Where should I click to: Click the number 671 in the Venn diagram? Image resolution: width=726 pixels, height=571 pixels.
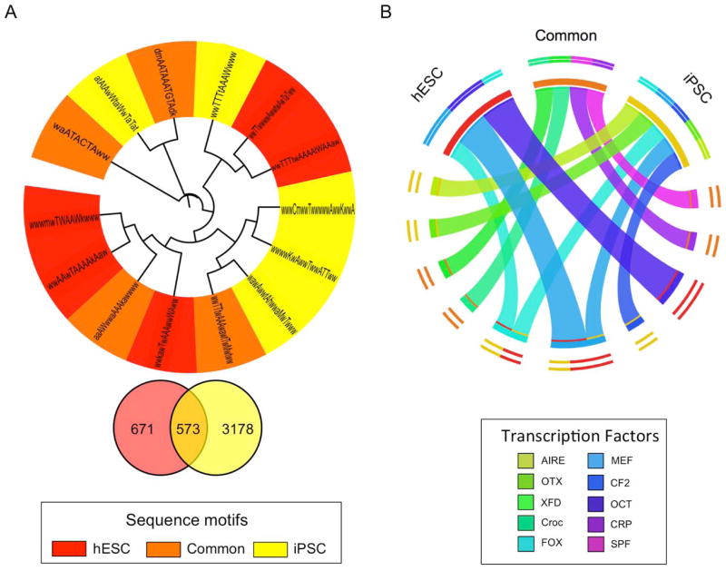[x=139, y=428]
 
